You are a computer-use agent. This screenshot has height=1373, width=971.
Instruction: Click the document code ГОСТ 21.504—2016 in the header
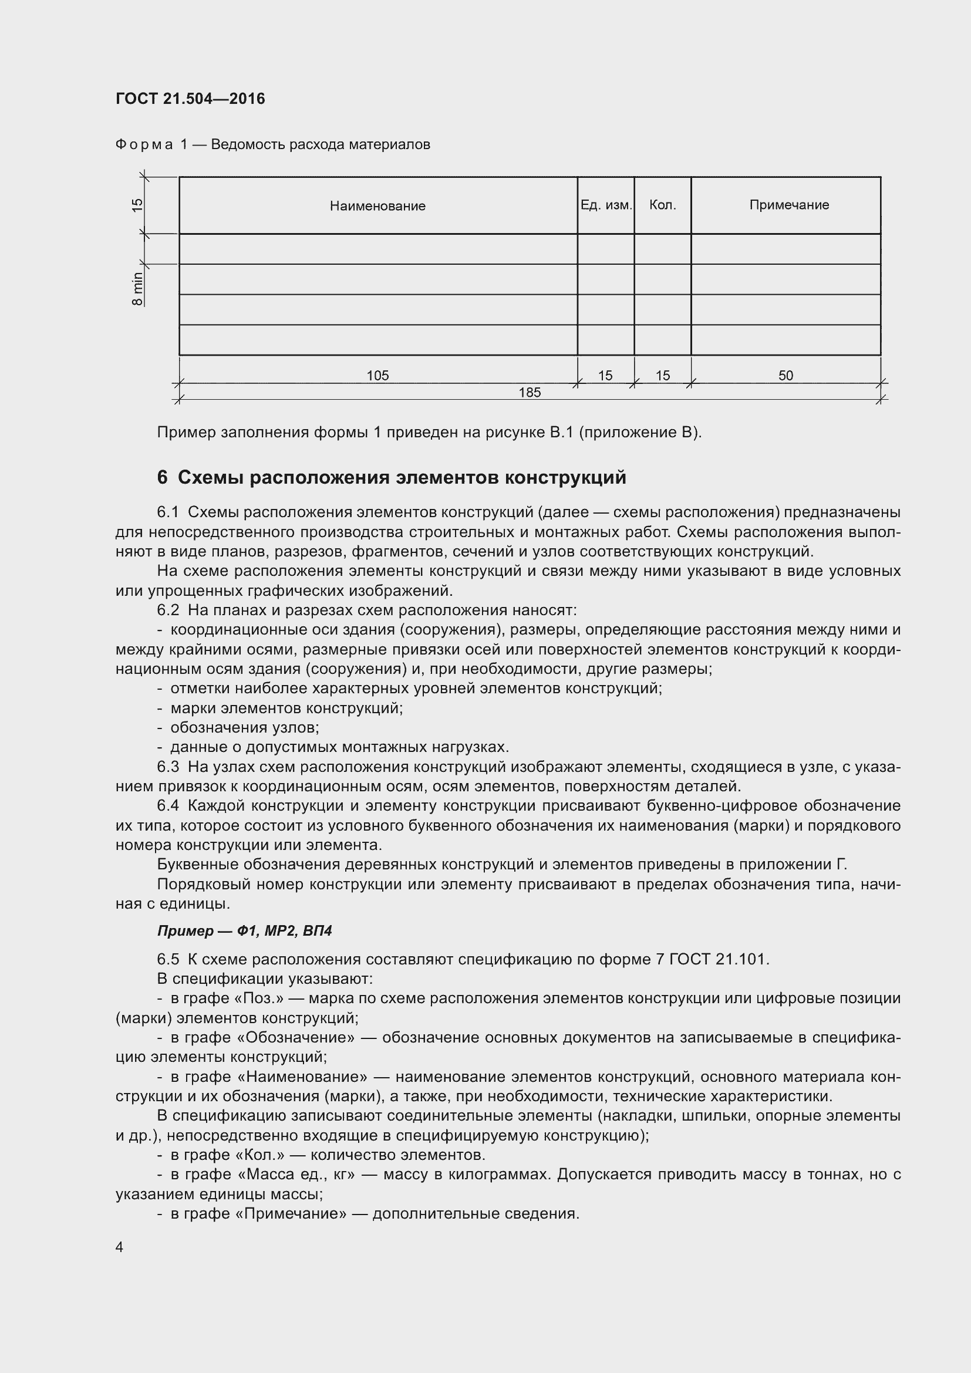click(190, 99)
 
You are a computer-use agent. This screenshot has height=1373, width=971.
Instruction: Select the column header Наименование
click(377, 206)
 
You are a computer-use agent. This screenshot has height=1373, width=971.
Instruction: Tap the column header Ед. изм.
click(606, 205)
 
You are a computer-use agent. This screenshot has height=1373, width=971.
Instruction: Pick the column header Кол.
click(662, 205)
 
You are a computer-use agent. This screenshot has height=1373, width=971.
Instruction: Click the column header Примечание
click(788, 205)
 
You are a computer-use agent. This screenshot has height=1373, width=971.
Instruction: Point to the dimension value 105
click(377, 376)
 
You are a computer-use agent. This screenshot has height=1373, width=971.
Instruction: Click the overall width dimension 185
click(529, 392)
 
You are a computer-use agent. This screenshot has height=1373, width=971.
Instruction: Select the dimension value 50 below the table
click(785, 376)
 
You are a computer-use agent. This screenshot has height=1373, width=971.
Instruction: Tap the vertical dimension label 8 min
click(137, 289)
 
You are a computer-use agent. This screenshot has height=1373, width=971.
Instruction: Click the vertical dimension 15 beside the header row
click(137, 205)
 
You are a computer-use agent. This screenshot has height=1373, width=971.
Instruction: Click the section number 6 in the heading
click(162, 478)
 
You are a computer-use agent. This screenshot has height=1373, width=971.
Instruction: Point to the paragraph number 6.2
click(168, 610)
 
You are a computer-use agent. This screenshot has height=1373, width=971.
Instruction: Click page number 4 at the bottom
click(120, 1247)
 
